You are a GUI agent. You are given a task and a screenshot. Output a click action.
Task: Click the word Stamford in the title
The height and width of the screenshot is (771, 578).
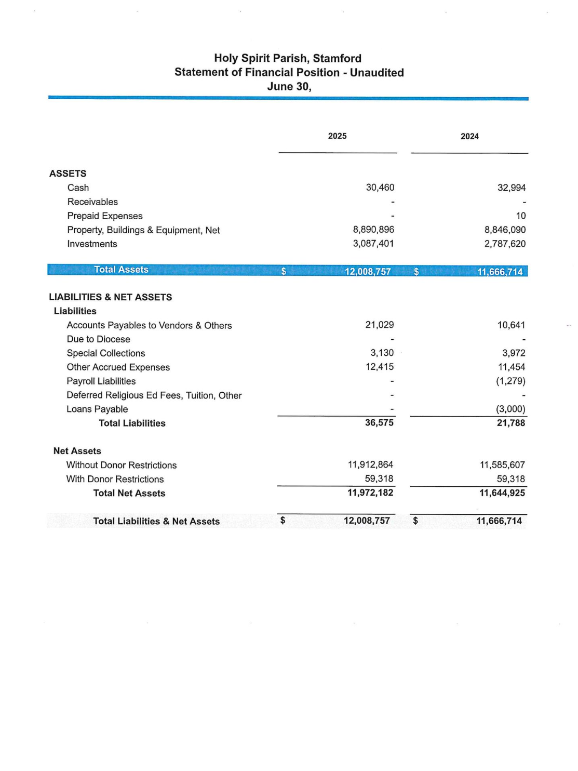[337, 58]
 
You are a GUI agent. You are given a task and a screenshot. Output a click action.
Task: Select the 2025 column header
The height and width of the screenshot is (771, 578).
[337, 136]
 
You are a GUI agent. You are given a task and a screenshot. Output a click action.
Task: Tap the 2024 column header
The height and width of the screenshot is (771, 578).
[469, 137]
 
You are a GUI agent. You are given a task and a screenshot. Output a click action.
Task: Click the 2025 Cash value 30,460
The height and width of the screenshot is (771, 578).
[380, 188]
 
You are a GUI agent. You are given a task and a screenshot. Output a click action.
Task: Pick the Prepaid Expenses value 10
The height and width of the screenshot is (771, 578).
[520, 216]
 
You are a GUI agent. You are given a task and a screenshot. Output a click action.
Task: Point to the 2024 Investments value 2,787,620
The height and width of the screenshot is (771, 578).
[505, 244]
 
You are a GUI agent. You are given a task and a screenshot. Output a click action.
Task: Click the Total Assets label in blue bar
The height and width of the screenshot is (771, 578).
[121, 270]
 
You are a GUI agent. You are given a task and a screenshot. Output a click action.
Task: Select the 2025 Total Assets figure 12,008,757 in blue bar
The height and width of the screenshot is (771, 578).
[368, 272]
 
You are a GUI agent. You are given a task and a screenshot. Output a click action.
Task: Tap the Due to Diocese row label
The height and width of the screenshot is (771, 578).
[99, 339]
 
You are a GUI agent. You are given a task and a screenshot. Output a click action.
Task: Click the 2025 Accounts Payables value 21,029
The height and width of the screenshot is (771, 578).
[379, 325]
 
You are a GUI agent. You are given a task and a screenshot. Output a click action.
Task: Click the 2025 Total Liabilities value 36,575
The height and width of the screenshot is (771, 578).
[379, 423]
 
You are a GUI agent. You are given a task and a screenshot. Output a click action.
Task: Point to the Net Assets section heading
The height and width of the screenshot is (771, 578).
[77, 451]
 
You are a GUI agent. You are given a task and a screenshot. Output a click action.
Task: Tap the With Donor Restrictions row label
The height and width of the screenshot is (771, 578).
[115, 479]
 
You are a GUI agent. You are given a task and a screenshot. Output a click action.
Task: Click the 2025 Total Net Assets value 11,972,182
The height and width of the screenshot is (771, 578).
[370, 493]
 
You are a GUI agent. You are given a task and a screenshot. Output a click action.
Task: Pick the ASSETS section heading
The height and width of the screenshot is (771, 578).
[68, 174]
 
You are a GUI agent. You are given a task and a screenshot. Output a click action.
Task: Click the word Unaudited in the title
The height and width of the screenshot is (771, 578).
[377, 73]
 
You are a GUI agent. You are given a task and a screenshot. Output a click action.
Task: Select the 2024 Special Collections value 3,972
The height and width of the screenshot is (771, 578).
[514, 353]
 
